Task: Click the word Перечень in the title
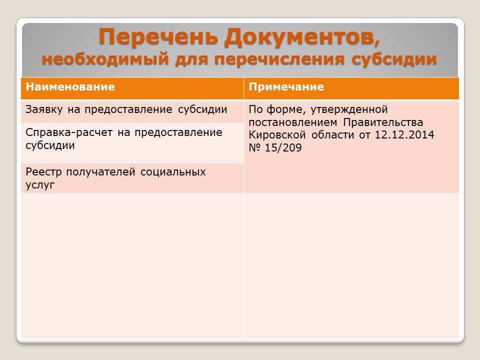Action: pos(158,37)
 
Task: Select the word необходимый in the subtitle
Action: pos(105,59)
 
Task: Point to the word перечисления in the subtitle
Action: pos(279,59)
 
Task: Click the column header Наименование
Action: pos(70,87)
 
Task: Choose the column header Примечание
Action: pos(286,87)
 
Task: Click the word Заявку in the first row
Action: pos(44,109)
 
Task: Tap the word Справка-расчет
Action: pos(69,132)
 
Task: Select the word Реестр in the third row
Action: pos(44,172)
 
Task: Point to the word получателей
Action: pos(100,172)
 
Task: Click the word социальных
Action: pos(173,172)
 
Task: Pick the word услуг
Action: pos(40,185)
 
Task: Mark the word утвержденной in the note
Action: pos(349,109)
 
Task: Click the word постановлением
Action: pos(293,122)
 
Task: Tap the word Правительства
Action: pos(383,122)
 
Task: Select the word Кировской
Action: pos(277,135)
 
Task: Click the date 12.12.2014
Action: pos(404,135)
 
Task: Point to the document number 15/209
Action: pos(283,148)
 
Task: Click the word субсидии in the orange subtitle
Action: pos(394,59)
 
